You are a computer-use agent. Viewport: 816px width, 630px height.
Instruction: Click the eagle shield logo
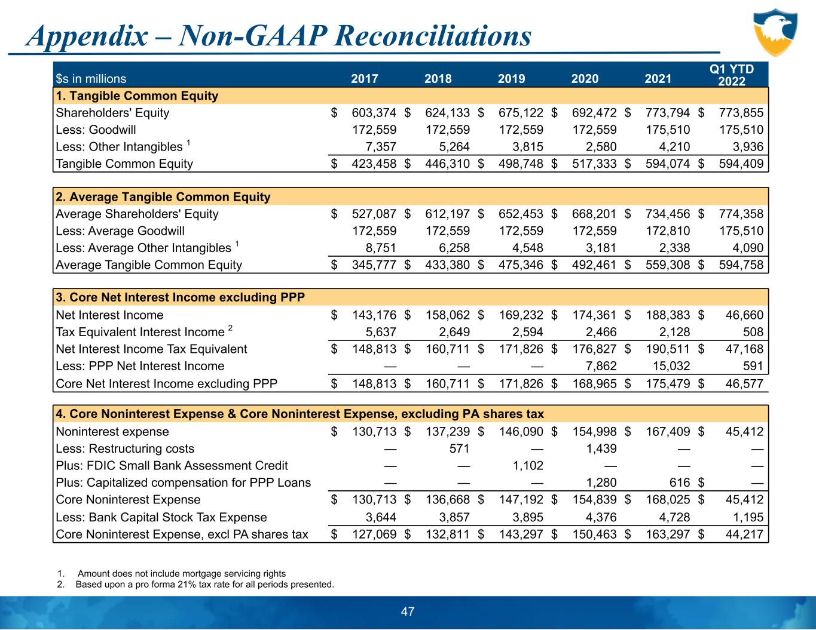(x=776, y=32)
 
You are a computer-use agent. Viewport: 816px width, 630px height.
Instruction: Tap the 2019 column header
(x=511, y=78)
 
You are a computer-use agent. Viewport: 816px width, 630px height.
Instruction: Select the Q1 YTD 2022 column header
(x=731, y=75)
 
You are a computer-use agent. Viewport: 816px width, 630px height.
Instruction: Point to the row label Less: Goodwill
(x=96, y=130)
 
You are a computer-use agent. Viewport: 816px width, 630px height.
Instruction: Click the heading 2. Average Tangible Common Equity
(x=163, y=197)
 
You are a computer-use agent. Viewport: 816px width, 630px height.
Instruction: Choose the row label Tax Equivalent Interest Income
(x=140, y=333)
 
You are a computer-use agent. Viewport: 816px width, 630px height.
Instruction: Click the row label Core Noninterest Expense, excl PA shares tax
(x=182, y=534)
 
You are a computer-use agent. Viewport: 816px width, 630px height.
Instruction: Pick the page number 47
(x=408, y=611)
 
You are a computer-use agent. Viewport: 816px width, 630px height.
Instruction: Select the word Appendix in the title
(x=87, y=36)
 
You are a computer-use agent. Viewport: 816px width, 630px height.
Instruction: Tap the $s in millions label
(x=91, y=78)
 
